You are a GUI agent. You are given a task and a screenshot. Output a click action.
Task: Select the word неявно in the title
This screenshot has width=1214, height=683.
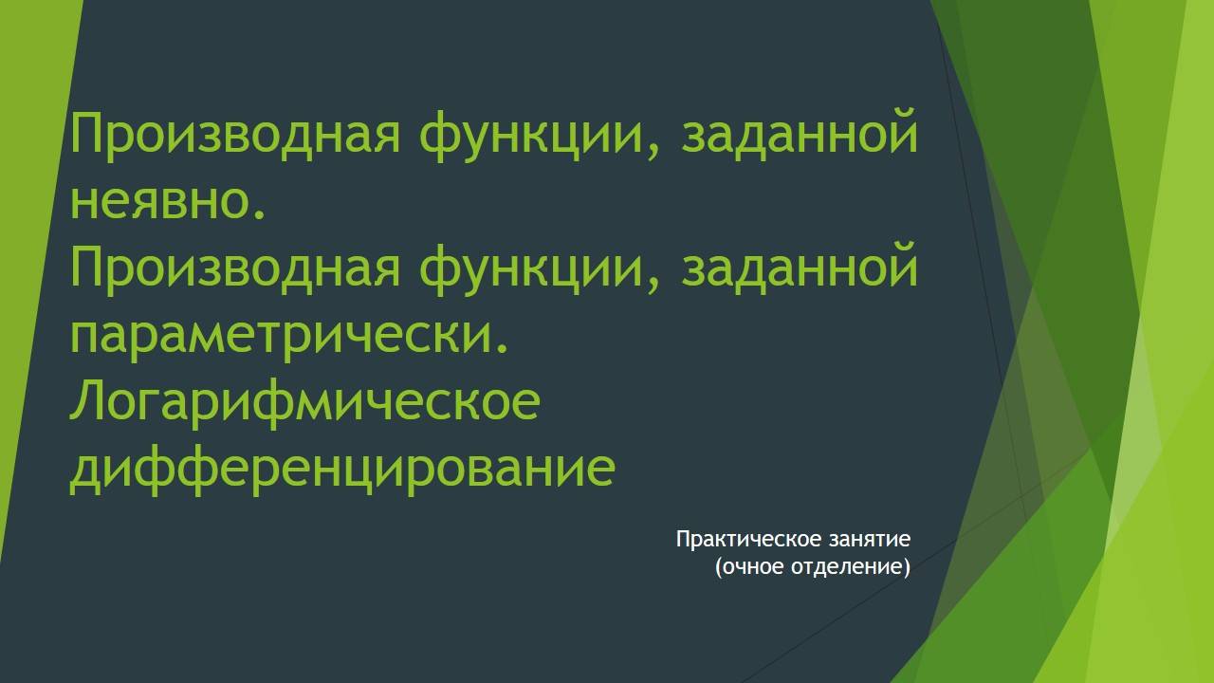click(159, 201)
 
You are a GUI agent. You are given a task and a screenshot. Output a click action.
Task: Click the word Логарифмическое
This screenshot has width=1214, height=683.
click(304, 402)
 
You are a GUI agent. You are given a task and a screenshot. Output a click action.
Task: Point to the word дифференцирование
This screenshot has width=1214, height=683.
click(342, 469)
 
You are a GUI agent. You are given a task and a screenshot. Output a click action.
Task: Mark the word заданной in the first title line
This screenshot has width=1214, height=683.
click(800, 135)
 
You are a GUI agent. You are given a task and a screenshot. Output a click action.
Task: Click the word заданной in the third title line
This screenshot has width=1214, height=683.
click(800, 268)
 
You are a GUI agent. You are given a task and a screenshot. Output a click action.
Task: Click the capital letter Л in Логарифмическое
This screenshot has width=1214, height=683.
click(88, 402)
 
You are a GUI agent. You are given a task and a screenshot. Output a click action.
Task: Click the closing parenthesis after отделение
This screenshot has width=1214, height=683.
click(907, 568)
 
